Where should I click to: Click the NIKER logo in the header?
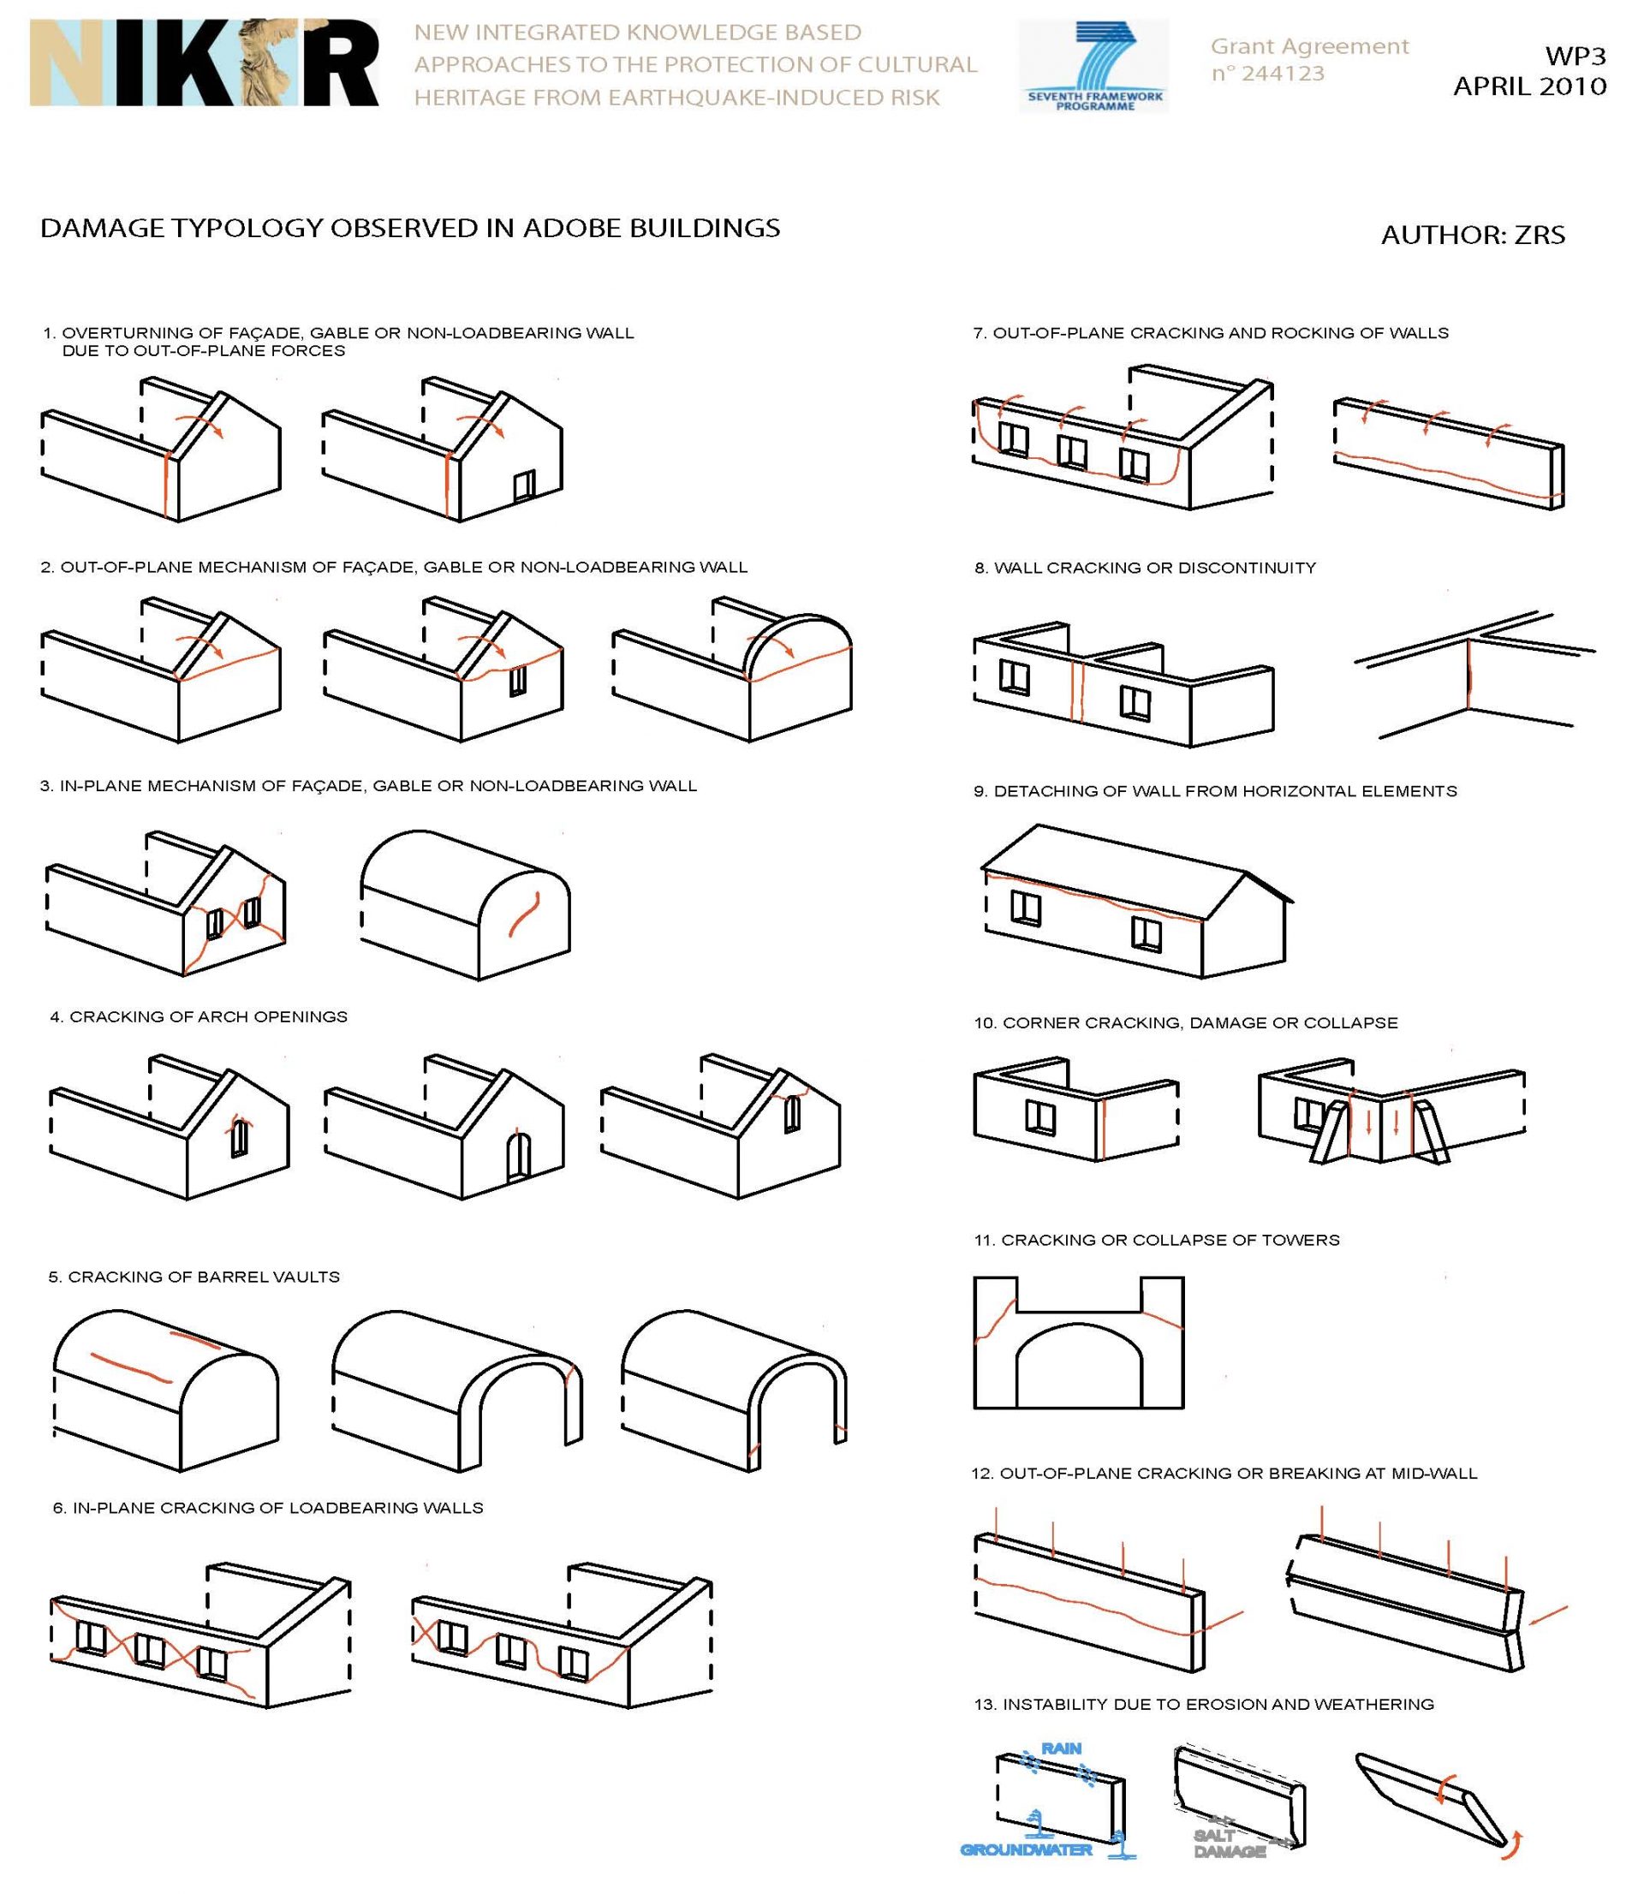coord(204,63)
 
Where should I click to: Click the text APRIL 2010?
coord(1529,86)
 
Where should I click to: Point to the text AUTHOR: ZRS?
coord(1473,235)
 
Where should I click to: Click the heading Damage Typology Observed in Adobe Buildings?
coord(410,229)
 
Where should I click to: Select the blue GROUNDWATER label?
coord(1026,1849)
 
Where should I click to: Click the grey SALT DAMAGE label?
coord(1229,1843)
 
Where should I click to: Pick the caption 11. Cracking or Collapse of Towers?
coord(1156,1240)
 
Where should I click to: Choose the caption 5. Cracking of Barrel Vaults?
coord(194,1277)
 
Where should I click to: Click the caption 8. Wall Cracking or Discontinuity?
coord(1145,568)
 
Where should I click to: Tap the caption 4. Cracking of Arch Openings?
coord(199,1016)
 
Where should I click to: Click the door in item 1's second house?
coord(524,485)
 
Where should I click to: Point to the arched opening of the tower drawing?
coord(1079,1366)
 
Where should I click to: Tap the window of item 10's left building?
coord(1039,1117)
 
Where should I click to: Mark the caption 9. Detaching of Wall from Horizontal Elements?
coord(1215,790)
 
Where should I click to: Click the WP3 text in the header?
coord(1575,56)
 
